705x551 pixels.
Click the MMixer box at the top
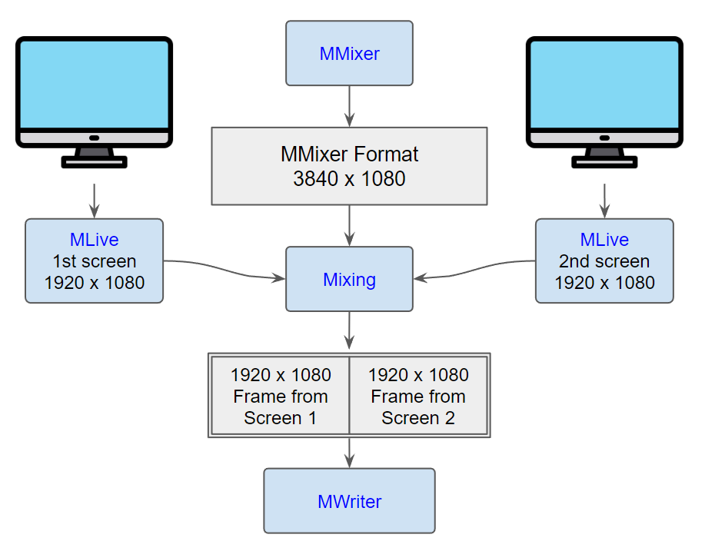pos(349,53)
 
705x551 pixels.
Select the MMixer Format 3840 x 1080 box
pos(349,166)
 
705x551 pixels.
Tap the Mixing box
pos(349,279)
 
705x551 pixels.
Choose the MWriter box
pos(349,501)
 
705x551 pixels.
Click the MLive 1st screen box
pos(94,261)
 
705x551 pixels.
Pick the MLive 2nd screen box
pos(604,261)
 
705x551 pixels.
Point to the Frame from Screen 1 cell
pos(280,396)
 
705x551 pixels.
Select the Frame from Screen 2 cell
pos(418,396)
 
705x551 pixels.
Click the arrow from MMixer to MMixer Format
pos(349,107)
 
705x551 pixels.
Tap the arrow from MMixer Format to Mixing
pos(349,226)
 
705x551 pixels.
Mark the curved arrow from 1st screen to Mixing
pos(224,270)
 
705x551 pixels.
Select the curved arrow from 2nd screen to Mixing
pos(474,270)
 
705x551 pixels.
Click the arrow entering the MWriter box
pos(349,453)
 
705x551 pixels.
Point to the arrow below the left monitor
pos(94,201)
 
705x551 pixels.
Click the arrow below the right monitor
pos(604,201)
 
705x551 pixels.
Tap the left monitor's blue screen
pos(94,85)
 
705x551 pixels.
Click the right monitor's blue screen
pos(604,85)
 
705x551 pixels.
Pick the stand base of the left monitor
pos(94,162)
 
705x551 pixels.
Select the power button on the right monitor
pos(604,138)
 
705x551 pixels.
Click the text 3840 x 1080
pos(349,179)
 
